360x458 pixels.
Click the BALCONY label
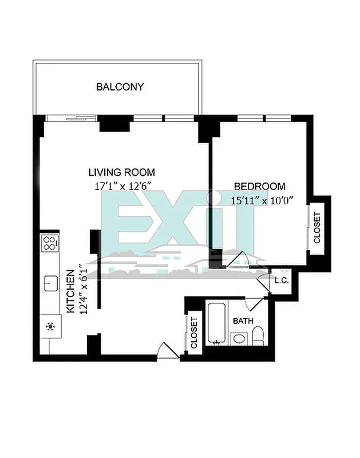click(x=120, y=87)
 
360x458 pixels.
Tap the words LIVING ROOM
click(x=121, y=172)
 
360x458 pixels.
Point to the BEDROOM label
click(x=259, y=186)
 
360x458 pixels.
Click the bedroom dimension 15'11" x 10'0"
click(x=261, y=200)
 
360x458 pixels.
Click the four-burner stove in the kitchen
click(x=50, y=243)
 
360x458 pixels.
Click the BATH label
click(x=243, y=321)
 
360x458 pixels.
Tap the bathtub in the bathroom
click(x=217, y=324)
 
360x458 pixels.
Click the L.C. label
click(x=281, y=281)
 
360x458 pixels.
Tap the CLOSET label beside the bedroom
click(x=317, y=228)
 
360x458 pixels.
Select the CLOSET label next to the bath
click(x=193, y=333)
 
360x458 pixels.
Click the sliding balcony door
click(x=72, y=119)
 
